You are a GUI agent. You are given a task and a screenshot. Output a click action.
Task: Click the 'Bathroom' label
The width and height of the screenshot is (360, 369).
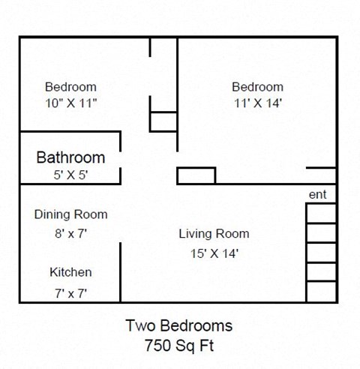pos(70,157)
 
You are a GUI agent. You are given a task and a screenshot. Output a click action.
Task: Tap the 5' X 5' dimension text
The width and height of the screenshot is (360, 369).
pos(70,177)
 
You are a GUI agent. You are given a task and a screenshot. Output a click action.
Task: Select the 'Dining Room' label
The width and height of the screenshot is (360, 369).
pos(70,214)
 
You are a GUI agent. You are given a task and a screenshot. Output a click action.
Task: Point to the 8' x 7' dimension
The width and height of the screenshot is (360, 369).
pos(70,233)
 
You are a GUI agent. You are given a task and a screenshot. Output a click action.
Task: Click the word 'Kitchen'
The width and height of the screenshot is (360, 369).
pos(70,272)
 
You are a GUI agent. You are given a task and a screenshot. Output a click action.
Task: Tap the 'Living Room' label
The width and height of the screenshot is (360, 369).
pos(214,234)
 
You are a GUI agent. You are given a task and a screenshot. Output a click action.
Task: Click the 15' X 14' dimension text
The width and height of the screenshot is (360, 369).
pos(214,253)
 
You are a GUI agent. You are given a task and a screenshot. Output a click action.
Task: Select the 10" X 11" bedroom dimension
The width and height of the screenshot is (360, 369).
pos(70,105)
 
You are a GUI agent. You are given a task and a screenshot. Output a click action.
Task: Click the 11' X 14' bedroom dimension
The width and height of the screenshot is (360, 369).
pos(257,105)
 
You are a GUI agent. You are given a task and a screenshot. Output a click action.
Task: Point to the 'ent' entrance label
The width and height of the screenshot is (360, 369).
pos(316,195)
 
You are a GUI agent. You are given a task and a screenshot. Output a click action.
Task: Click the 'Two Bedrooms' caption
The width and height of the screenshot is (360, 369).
pos(178,326)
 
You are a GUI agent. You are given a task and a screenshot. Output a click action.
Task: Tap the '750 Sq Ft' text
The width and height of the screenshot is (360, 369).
pos(178,346)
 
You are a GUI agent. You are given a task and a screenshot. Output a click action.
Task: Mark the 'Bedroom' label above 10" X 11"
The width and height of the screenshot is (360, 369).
pos(70,86)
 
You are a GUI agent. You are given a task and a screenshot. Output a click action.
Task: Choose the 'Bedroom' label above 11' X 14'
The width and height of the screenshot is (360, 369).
pos(257,86)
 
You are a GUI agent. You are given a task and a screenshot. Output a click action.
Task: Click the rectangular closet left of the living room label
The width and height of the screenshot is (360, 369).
pos(196,175)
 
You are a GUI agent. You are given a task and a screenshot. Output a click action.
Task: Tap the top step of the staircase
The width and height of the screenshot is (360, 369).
pos(321,213)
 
